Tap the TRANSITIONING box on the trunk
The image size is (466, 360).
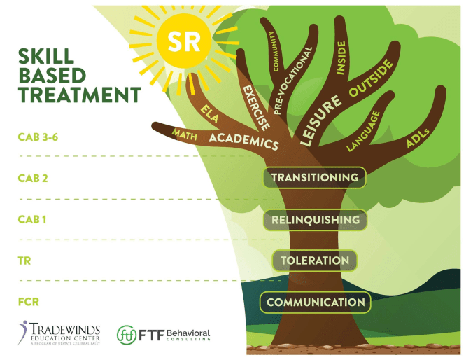(314, 178)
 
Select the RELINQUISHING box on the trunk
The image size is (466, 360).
(315, 220)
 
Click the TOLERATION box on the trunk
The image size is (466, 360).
(315, 261)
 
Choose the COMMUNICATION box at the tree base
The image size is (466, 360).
(316, 303)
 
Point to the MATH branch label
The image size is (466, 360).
(185, 133)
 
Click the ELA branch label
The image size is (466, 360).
(209, 112)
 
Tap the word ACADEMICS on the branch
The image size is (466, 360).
(243, 140)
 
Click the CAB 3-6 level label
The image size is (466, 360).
(37, 137)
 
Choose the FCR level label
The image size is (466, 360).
(29, 302)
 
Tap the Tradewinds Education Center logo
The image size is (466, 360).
(60, 333)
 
